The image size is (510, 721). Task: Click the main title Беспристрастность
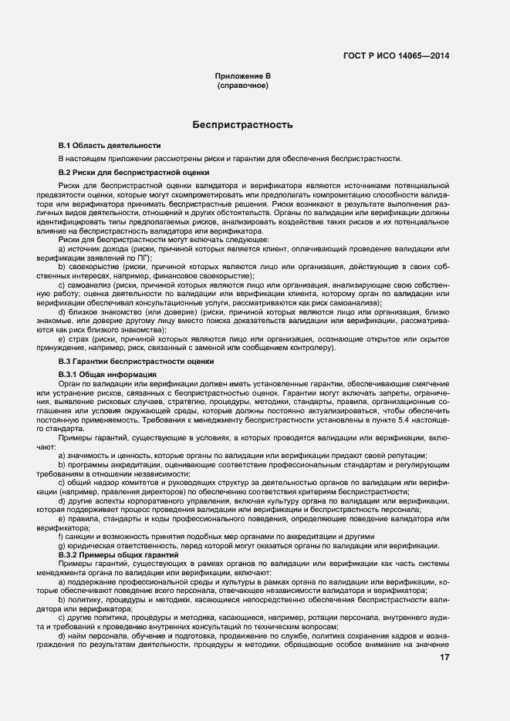[243, 124]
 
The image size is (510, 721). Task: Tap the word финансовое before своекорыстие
[166, 275]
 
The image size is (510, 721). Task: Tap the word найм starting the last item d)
[77, 635]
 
